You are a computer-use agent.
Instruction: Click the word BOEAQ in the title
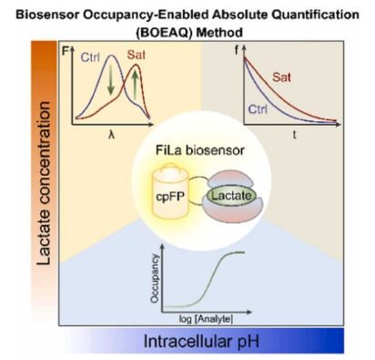pos(165,32)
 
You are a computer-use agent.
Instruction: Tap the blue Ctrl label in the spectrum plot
pos(90,57)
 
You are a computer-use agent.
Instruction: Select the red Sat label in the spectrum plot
pos(136,55)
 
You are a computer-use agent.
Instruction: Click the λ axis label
pos(112,135)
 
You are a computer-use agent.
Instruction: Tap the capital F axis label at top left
pos(66,51)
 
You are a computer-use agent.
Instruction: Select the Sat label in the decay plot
pos(281,77)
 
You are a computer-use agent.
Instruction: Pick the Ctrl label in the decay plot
pos(258,108)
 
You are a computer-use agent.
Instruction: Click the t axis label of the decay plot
pos(294,134)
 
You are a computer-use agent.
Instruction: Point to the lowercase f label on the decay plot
pos(238,50)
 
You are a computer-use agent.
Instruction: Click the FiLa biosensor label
pos(200,150)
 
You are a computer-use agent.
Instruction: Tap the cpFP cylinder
pos(170,191)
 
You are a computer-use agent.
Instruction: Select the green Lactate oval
pos(231,196)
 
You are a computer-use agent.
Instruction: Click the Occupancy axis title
pos(155,279)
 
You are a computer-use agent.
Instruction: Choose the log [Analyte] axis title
pos(206,319)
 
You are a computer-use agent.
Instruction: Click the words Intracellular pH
pos(201,341)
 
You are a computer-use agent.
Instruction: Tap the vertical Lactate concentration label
pos(44,183)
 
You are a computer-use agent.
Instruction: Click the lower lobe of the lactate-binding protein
pos(234,210)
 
